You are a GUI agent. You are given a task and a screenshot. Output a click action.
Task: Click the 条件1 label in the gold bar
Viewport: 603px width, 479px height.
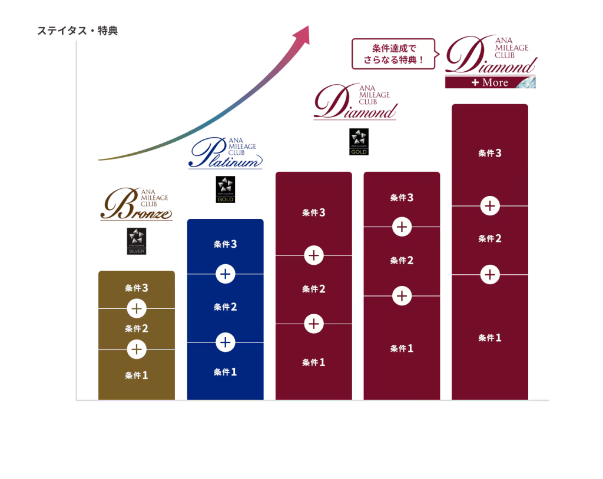137,375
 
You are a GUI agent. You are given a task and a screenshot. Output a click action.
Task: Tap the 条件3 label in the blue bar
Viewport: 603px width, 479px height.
225,244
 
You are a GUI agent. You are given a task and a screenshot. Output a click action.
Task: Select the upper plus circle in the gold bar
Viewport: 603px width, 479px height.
137,308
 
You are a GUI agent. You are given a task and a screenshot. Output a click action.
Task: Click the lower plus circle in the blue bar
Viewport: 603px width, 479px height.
225,342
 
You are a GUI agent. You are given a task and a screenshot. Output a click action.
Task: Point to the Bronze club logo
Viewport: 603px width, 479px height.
137,204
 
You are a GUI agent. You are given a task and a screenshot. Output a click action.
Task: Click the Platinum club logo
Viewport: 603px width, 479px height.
226,153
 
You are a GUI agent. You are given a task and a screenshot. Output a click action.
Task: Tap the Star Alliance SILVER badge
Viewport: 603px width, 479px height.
137,241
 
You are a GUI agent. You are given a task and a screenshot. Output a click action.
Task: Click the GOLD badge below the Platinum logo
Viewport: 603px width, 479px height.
226,189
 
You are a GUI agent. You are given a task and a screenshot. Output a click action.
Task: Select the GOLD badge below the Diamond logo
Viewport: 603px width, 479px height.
358,143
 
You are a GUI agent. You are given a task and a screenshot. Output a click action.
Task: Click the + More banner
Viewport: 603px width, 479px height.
490,82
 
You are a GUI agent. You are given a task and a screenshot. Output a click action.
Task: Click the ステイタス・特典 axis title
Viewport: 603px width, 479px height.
78,31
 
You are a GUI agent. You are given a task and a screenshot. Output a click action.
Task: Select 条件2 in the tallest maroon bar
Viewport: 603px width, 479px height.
490,239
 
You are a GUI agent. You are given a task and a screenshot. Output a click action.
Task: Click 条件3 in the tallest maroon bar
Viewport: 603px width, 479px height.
490,154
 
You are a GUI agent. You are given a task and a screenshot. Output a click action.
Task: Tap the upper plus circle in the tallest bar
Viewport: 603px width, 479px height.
490,206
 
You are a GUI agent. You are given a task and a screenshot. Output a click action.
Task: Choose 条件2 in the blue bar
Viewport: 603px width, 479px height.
225,307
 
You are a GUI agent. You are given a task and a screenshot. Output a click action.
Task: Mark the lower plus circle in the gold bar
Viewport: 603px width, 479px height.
137,350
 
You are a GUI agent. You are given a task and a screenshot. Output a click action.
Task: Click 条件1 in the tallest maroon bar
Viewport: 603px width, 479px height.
490,338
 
